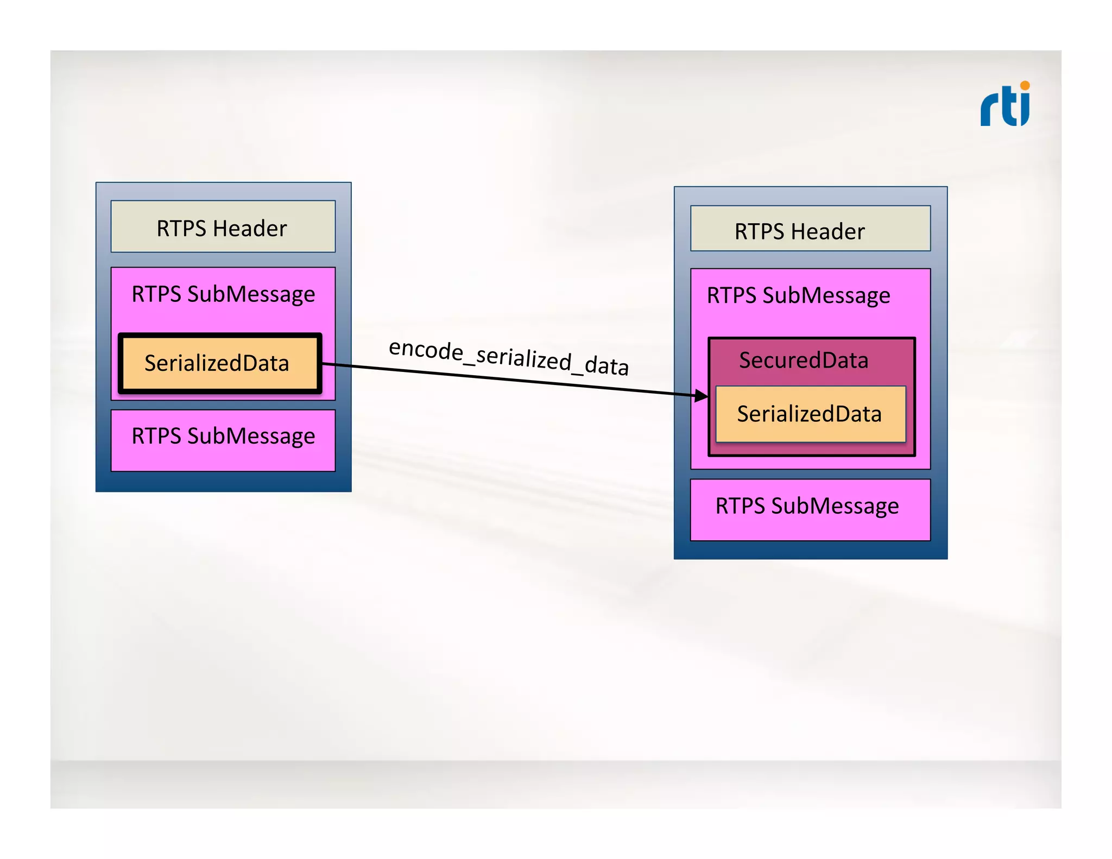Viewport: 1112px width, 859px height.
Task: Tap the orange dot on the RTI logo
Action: click(x=1025, y=85)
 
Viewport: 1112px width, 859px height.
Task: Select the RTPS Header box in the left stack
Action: click(x=223, y=227)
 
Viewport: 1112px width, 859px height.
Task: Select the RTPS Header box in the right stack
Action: click(x=810, y=229)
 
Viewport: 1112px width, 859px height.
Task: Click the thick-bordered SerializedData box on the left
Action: click(x=219, y=363)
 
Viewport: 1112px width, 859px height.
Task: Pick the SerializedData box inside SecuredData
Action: click(x=810, y=414)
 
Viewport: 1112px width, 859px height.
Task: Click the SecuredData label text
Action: click(x=804, y=361)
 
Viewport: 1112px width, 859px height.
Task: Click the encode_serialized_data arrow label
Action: click(x=509, y=357)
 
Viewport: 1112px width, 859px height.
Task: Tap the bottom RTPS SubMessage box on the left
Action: click(x=223, y=440)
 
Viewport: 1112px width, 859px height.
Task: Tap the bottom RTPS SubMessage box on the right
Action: click(x=810, y=509)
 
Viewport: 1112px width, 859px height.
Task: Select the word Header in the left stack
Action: click(x=250, y=229)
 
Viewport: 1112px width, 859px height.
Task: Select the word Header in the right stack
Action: click(x=827, y=232)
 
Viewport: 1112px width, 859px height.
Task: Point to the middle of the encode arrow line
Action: click(x=510, y=380)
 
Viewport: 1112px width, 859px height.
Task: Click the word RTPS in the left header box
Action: click(x=181, y=229)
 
